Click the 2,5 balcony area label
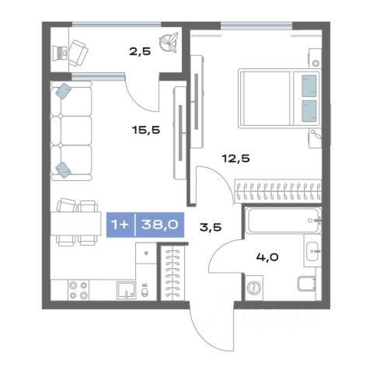pos(140,51)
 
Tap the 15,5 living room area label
pos(146,130)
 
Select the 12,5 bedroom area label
pos(235,159)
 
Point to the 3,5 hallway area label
pos(211,228)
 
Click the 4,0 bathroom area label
pos(267,257)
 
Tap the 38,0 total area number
pos(159,225)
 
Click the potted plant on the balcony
pos(169,42)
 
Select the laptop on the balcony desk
pos(60,54)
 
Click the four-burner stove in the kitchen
pos(78,290)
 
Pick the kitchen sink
pos(126,291)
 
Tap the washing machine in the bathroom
pos(254,288)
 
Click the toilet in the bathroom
pos(307,284)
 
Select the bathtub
pos(283,221)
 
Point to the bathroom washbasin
pos(312,251)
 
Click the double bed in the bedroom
pos(279,99)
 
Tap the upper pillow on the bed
pos(309,85)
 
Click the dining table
pos(76,224)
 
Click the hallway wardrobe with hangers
pos(173,274)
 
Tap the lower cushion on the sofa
pos(63,170)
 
